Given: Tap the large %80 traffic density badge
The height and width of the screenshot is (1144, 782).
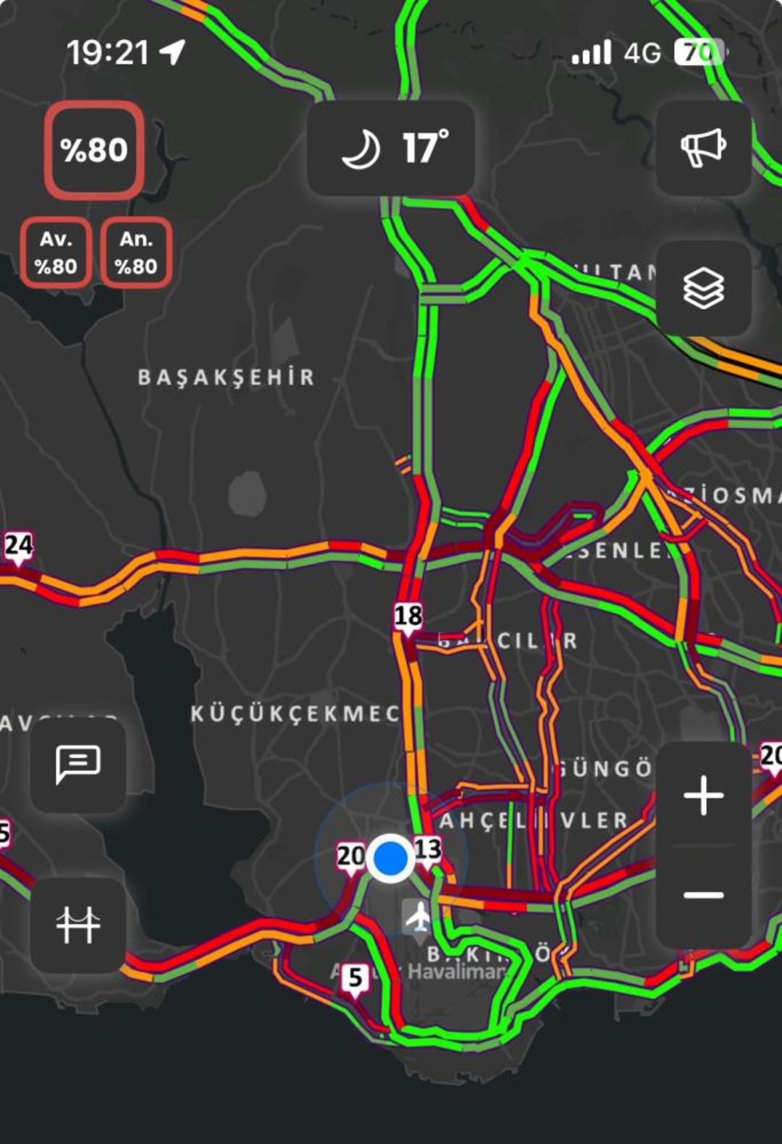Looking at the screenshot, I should [94, 150].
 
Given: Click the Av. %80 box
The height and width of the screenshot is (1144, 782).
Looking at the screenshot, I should [56, 253].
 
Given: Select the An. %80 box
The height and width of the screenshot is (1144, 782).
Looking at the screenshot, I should [136, 253].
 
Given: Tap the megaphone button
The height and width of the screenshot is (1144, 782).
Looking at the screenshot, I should [703, 148].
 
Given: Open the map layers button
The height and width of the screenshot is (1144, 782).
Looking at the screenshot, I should [703, 288].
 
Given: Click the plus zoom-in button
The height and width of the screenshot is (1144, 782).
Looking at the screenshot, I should [703, 795].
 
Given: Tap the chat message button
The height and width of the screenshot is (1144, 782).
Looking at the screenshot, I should [77, 764].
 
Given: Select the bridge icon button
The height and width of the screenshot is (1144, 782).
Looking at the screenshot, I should [77, 925].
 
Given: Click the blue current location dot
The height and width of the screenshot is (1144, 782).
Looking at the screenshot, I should [390, 857].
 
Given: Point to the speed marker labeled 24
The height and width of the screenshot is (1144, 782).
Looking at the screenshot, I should [18, 545].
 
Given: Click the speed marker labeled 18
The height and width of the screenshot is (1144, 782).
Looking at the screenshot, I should [408, 617].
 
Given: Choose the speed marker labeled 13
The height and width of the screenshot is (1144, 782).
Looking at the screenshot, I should [428, 849].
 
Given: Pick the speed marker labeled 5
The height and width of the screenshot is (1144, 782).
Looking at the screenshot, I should [355, 978].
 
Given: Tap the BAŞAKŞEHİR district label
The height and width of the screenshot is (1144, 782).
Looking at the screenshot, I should [227, 377].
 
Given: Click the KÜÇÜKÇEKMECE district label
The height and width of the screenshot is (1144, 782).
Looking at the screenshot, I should [295, 714].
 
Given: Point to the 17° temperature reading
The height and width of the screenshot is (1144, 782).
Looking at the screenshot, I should [425, 148].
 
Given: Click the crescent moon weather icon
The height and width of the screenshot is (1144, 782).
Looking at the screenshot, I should [361, 149].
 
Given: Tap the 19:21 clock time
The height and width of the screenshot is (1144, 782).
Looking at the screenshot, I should [108, 52].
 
